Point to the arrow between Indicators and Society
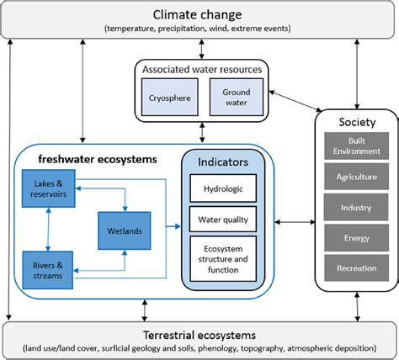(x=296, y=223)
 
